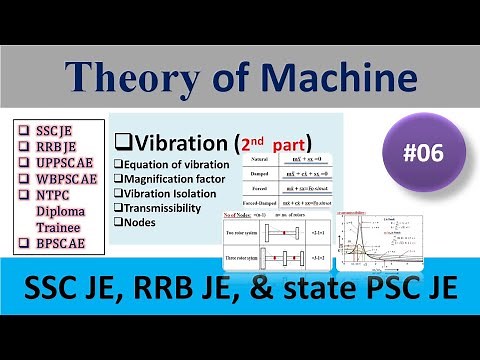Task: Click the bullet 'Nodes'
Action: click(x=140, y=222)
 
